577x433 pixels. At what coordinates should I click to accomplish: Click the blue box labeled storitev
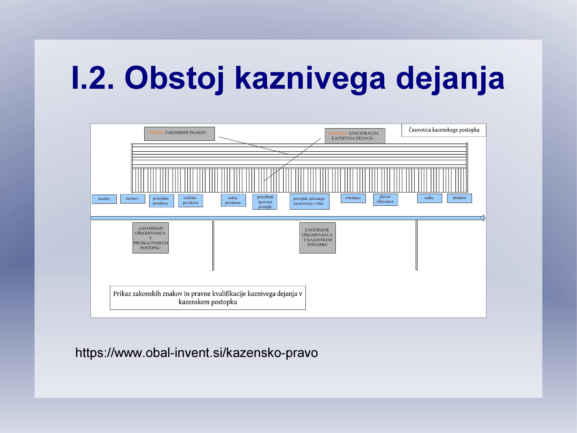click(x=104, y=199)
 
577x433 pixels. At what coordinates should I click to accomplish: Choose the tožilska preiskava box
click(x=190, y=201)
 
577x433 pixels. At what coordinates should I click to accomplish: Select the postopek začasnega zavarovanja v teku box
click(x=309, y=201)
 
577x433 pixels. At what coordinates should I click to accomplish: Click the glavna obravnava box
click(x=385, y=199)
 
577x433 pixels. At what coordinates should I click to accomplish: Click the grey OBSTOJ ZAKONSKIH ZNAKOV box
click(x=179, y=134)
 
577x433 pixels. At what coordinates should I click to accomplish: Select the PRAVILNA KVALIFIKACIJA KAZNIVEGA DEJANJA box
click(x=355, y=136)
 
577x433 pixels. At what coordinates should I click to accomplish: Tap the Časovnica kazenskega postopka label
click(x=444, y=130)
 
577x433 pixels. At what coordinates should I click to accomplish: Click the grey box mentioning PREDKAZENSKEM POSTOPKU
click(x=151, y=238)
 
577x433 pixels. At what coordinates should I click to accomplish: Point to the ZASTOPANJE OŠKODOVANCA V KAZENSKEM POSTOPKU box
click(x=317, y=238)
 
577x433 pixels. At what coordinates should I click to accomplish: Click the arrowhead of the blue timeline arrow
click(x=483, y=218)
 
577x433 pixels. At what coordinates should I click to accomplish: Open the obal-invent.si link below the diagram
click(x=196, y=352)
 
